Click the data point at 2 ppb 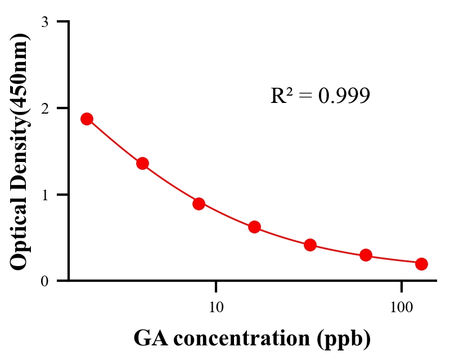87,119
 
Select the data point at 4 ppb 142,164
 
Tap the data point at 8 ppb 199,204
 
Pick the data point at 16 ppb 254,227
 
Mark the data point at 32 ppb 310,245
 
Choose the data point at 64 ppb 366,255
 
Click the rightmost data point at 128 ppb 421,264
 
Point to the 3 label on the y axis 45,22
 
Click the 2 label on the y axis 45,108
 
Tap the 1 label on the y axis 45,195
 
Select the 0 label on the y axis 45,281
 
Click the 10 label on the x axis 216,307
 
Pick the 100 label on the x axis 401,307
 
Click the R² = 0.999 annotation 320,96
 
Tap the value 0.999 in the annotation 344,96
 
